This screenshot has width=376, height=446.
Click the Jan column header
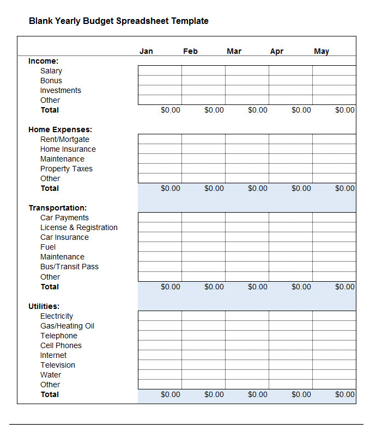click(x=146, y=51)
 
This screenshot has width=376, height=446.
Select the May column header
click(x=321, y=51)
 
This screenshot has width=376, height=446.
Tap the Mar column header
click(x=234, y=51)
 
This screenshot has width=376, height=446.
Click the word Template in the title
click(x=190, y=21)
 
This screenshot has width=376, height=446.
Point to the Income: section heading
click(x=43, y=61)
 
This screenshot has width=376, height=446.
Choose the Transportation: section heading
click(x=57, y=208)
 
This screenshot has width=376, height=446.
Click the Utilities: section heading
click(x=44, y=306)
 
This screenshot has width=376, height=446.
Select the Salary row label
click(x=51, y=71)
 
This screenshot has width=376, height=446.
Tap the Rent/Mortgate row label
click(x=65, y=139)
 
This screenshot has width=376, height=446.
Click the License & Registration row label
click(x=79, y=227)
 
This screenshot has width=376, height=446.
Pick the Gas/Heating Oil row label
click(x=67, y=326)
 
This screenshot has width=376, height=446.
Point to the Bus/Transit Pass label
click(x=69, y=267)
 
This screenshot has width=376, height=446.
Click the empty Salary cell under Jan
click(x=160, y=71)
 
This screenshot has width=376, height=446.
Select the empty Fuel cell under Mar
click(x=247, y=247)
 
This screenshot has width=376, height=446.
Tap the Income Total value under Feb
click(x=214, y=110)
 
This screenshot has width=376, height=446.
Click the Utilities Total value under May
click(x=344, y=394)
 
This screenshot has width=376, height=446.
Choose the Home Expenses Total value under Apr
click(x=301, y=188)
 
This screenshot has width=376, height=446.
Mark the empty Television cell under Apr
click(x=290, y=365)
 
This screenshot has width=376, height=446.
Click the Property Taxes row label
click(x=66, y=169)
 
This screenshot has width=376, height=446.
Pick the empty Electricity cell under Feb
click(x=203, y=316)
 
